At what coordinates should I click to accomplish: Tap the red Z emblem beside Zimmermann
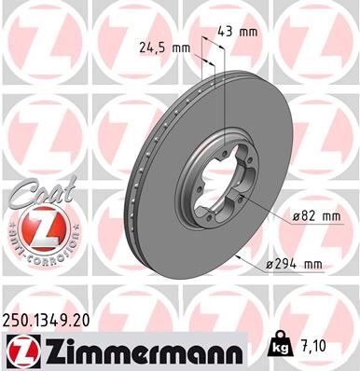(x=21, y=350)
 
